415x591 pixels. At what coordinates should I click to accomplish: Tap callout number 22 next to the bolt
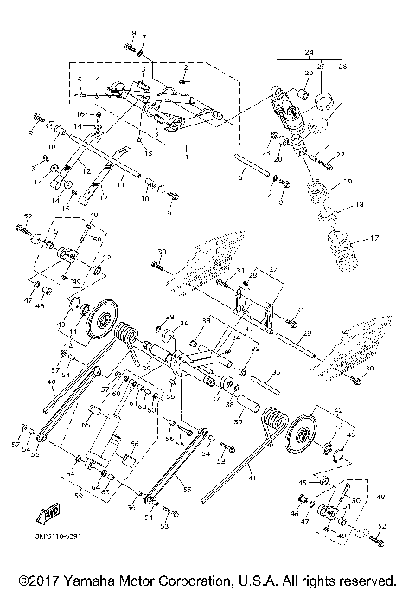(341, 154)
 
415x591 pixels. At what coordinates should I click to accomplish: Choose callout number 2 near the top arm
(185, 67)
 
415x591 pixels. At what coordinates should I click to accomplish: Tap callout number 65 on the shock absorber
(86, 427)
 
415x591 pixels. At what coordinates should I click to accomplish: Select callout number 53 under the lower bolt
(165, 526)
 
